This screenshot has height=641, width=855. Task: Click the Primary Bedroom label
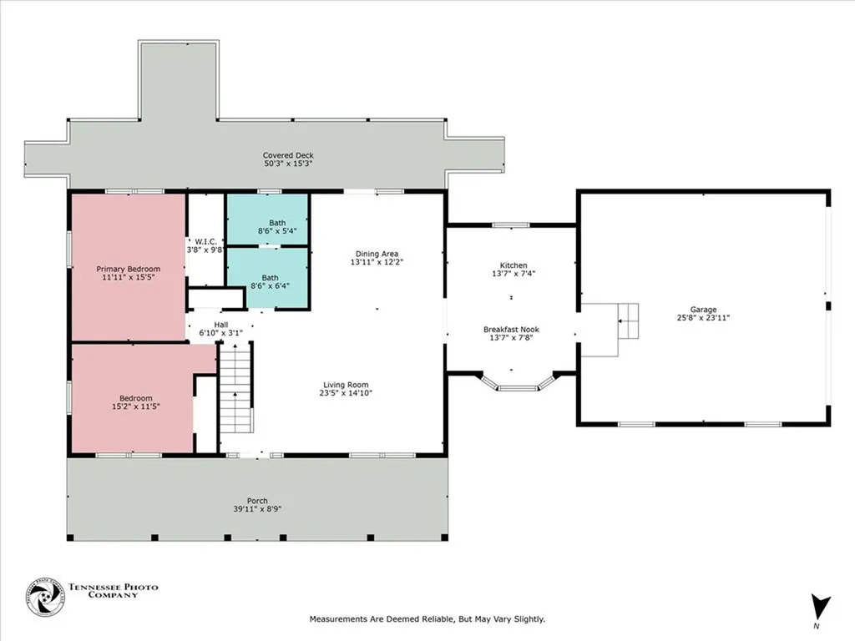click(128, 269)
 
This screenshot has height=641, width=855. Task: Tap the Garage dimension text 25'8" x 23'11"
click(703, 317)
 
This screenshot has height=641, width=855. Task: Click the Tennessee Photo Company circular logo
click(45, 598)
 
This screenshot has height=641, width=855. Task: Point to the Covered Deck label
click(288, 155)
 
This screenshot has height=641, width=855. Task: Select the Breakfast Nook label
click(510, 329)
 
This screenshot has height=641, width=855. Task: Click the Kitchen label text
click(513, 265)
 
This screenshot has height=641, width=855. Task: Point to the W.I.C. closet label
click(205, 242)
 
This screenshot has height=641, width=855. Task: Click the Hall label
click(220, 325)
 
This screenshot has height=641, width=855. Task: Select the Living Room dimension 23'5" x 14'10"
click(347, 393)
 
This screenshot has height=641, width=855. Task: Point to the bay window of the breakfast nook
click(524, 384)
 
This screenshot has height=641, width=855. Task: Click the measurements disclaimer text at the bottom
click(427, 619)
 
